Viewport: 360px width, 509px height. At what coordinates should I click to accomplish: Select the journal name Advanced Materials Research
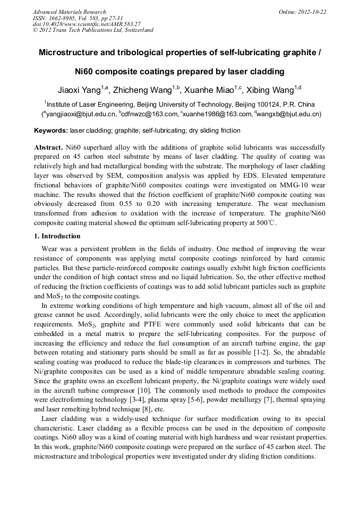[x=69, y=12]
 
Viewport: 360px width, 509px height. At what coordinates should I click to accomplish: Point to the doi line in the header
[x=87, y=24]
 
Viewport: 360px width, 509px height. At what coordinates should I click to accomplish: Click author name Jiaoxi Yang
[x=80, y=89]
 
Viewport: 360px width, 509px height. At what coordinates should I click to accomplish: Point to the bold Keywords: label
[x=51, y=131]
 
